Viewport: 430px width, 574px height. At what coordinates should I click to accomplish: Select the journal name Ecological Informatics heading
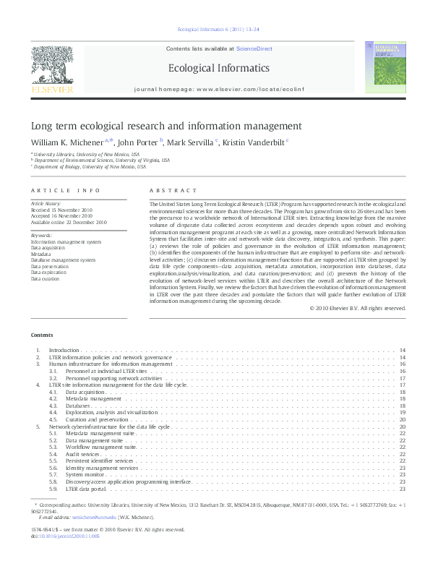(x=218, y=68)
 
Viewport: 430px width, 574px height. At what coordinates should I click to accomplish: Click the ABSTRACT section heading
(x=173, y=191)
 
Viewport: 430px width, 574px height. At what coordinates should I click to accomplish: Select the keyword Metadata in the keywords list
(x=41, y=254)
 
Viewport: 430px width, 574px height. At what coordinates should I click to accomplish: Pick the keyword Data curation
(x=46, y=278)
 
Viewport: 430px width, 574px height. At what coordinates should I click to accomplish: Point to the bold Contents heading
(x=41, y=335)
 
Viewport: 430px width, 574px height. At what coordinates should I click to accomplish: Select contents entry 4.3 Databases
(x=77, y=406)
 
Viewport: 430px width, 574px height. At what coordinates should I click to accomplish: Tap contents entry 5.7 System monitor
(x=86, y=474)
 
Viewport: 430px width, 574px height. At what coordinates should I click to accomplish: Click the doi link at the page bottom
(x=65, y=535)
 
